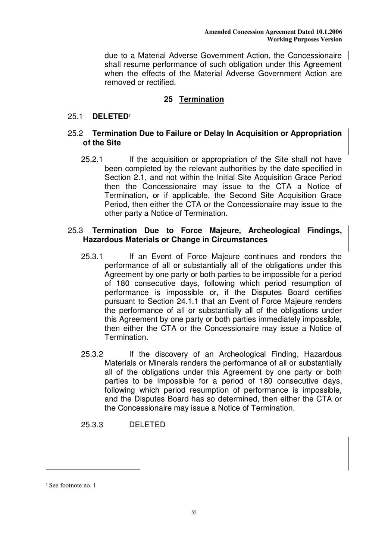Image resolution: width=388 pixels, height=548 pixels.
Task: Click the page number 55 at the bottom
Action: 194,513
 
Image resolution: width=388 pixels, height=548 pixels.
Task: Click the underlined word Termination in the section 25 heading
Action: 201,99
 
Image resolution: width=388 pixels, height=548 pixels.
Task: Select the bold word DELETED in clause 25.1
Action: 110,117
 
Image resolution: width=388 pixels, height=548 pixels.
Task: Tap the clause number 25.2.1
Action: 92,160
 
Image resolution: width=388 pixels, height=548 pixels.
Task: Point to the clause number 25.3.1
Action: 92,257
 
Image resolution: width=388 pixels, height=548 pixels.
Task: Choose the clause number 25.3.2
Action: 92,354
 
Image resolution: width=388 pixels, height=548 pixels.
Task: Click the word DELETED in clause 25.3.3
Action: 147,425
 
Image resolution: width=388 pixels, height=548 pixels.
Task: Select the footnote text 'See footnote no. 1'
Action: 72,485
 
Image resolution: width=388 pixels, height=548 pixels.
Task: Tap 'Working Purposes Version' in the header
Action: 304,39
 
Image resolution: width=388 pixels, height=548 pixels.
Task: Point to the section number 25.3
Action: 75,231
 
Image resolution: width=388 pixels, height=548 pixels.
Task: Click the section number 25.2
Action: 75,133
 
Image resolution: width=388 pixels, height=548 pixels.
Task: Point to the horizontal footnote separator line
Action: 93,470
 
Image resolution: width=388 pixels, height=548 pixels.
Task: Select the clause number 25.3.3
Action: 92,425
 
